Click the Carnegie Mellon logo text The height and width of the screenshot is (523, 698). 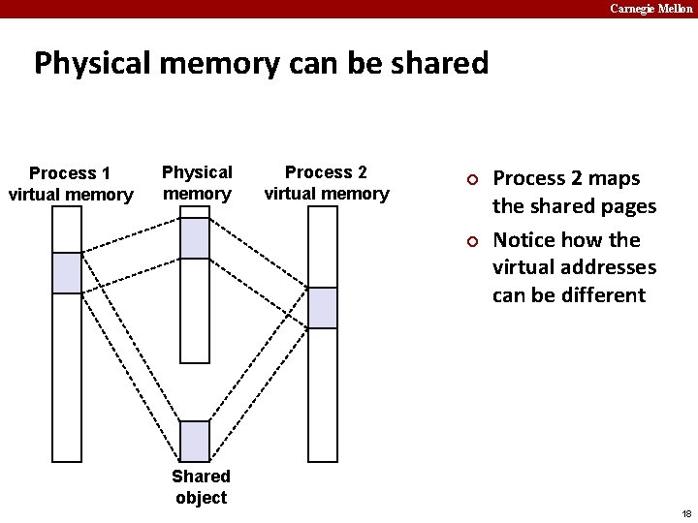[650, 9]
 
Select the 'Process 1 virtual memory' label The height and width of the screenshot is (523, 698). [70, 184]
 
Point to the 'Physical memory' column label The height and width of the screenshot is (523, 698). [197, 182]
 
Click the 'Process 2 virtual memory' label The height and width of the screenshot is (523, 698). [326, 182]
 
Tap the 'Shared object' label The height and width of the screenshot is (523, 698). [201, 486]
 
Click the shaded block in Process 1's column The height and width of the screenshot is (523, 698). [67, 272]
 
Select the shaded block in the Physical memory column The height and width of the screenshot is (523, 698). [195, 238]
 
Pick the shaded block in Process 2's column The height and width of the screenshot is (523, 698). [323, 307]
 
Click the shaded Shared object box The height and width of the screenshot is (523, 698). [195, 441]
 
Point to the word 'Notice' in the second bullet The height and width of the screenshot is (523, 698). [523, 239]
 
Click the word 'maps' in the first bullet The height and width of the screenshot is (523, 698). [615, 179]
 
